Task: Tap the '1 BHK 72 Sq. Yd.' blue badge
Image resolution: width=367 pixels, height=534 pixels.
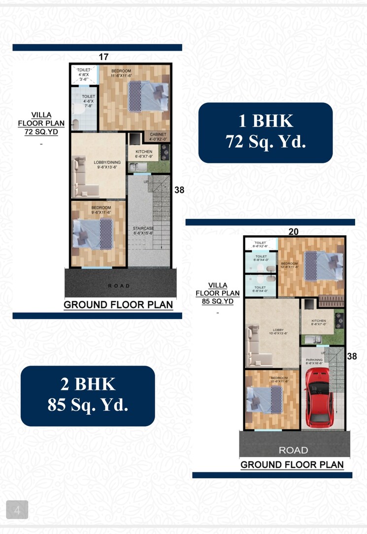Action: (266, 132)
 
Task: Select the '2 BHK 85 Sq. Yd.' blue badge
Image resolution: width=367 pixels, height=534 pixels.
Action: (88, 396)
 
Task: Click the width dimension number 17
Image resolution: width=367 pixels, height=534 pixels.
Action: (103, 57)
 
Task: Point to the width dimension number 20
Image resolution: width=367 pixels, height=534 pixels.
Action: (293, 231)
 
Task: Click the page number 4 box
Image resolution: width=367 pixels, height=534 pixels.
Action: (17, 510)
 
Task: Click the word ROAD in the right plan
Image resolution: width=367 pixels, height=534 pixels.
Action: (293, 450)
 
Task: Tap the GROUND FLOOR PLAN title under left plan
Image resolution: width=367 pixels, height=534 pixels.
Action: (118, 305)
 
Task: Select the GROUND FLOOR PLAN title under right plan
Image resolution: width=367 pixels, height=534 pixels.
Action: (292, 465)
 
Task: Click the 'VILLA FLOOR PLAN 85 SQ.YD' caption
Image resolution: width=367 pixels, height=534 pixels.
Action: (217, 293)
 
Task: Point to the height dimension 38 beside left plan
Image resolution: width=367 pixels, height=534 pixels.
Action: (179, 189)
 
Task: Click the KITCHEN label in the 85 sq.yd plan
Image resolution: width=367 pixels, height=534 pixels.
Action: (319, 323)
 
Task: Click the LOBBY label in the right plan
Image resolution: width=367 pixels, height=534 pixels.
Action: (271, 332)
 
